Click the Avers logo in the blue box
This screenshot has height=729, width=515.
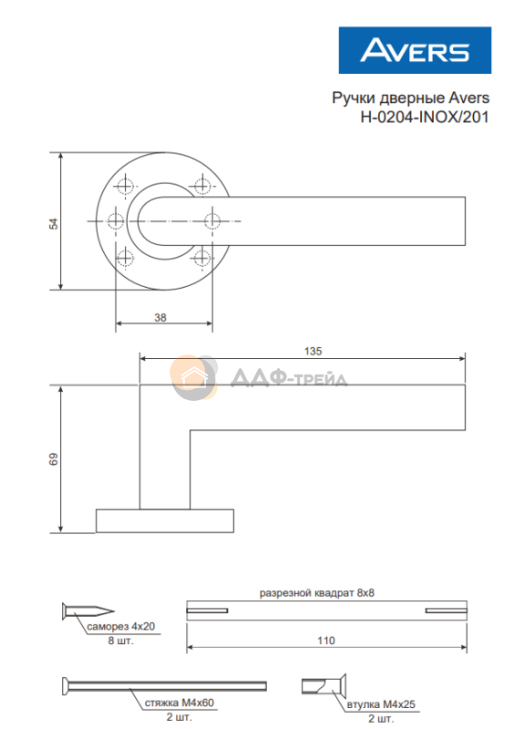pos(415,50)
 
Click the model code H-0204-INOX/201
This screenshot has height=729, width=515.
pos(424,117)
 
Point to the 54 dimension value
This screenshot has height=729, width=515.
pos(54,223)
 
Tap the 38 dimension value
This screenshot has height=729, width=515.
pos(160,317)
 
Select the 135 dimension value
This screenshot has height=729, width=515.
pos(313,351)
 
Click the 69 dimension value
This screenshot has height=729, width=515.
pos(54,459)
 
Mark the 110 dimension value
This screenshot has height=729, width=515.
pos(326,641)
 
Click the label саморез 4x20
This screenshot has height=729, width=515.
pos(121,626)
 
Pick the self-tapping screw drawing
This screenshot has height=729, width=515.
pos(88,611)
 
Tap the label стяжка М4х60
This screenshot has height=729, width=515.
pos(179,703)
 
